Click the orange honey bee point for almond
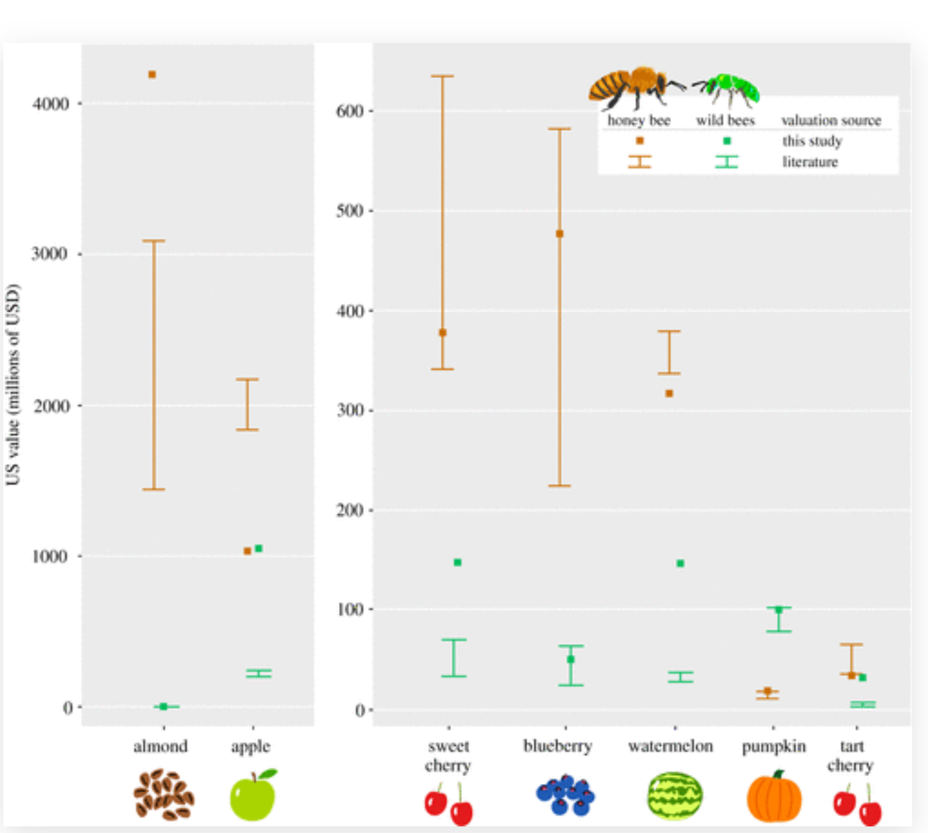point(152,75)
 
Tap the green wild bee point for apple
point(258,548)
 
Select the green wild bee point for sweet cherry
point(457,563)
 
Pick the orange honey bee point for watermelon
point(669,393)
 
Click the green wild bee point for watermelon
point(680,563)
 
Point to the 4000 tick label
point(50,104)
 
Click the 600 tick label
point(350,111)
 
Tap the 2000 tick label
point(52,406)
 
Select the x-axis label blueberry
point(557,746)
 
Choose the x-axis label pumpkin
point(773,746)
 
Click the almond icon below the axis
point(163,794)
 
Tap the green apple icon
point(252,795)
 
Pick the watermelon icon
point(674,796)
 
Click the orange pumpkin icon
point(774,797)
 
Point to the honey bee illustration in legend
point(632,87)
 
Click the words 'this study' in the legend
point(812,141)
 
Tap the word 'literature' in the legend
point(810,162)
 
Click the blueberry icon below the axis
point(565,795)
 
